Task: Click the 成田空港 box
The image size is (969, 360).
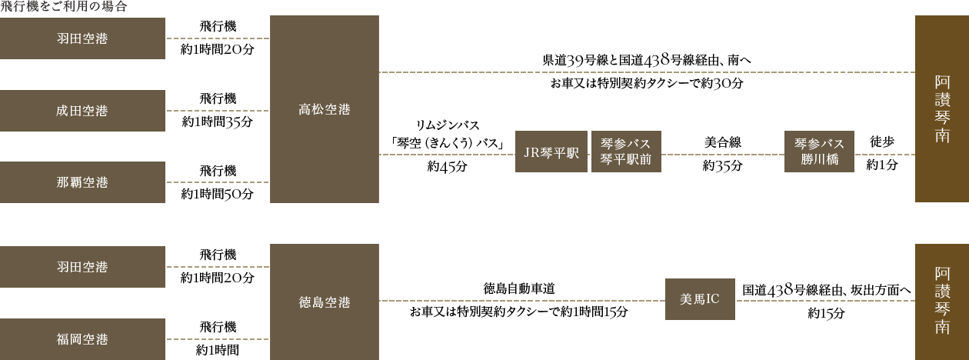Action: [x=82, y=111]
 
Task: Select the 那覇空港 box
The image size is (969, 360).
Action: [x=82, y=182]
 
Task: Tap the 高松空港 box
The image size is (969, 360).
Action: [x=325, y=109]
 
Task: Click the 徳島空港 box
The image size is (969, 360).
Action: [x=325, y=302]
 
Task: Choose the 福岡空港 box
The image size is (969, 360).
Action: [x=82, y=339]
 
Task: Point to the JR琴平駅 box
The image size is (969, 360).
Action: [x=551, y=152]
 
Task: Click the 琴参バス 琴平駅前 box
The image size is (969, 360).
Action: [x=626, y=152]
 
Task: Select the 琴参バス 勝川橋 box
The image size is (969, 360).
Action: [x=819, y=152]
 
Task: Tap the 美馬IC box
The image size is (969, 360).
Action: [x=700, y=299]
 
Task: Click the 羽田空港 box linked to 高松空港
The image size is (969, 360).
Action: [x=82, y=38]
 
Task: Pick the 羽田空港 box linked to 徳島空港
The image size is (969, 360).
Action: [x=82, y=267]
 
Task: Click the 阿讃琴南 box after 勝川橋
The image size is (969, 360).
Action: [x=942, y=108]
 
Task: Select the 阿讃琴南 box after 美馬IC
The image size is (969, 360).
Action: [x=942, y=300]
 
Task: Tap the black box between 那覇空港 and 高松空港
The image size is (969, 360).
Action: [x=217, y=182]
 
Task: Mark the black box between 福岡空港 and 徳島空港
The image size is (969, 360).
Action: [x=218, y=338]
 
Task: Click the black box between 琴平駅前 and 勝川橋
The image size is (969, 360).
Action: [x=723, y=154]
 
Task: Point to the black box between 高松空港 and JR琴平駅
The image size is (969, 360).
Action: [x=447, y=146]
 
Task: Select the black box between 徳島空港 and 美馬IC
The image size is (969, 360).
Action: [x=503, y=300]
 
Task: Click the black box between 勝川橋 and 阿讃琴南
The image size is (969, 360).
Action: [x=882, y=153]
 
